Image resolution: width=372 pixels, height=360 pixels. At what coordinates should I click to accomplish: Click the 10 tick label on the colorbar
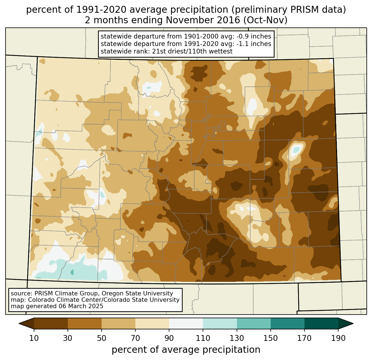[34, 338]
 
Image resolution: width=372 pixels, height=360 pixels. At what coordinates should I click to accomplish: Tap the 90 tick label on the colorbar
[169, 338]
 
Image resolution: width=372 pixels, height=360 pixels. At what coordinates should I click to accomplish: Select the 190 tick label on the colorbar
[338, 338]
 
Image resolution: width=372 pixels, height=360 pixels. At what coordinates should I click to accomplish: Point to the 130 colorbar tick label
[237, 338]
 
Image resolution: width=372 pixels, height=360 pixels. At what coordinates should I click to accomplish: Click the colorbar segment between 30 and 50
[85, 323]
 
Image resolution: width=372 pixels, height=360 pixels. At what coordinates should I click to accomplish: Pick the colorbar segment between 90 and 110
[186, 323]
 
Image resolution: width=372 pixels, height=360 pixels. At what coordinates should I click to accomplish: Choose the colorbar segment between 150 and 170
[288, 323]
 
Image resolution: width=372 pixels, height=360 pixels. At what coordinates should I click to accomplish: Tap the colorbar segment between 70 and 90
[152, 323]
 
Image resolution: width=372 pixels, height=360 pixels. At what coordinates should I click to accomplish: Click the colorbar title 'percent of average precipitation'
[186, 350]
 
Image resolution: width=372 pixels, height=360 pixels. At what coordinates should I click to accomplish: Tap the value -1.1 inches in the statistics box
[254, 44]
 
